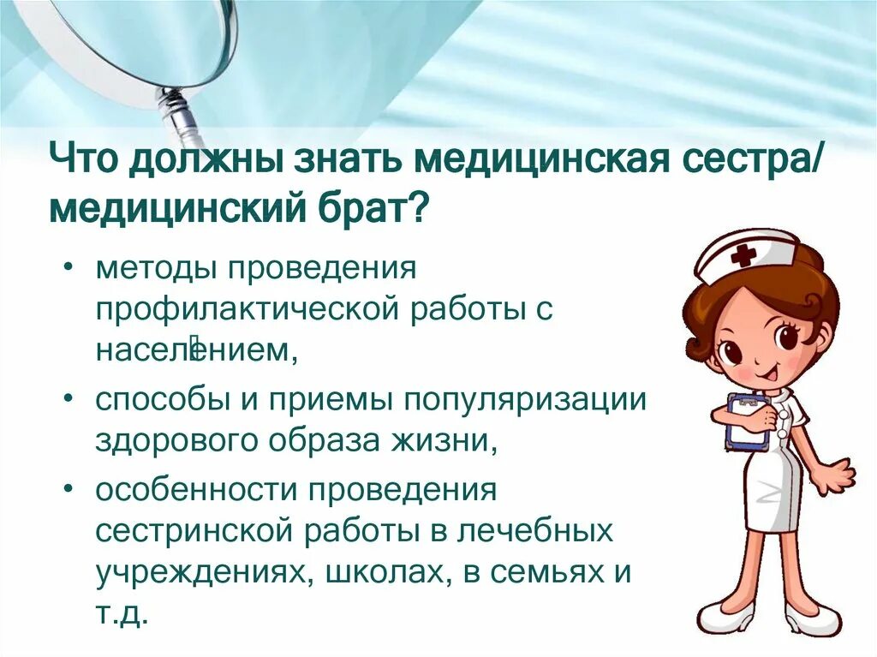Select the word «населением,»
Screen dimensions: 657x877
point(196,349)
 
